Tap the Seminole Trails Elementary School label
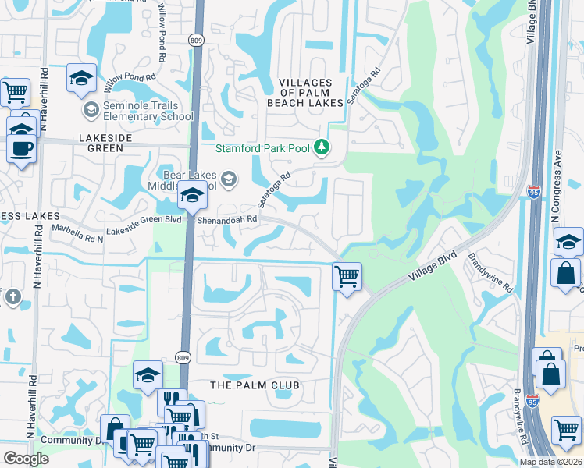pyautogui.click(x=141, y=111)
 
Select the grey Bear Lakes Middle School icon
pyautogui.click(x=228, y=180)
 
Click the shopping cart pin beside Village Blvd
pyautogui.click(x=346, y=275)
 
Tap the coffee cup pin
pyautogui.click(x=20, y=147)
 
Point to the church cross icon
pyautogui.click(x=12, y=296)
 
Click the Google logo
pyautogui.click(x=26, y=458)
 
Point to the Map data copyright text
pyautogui.click(x=550, y=462)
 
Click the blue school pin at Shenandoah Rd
pyautogui.click(x=191, y=197)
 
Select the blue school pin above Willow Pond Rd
pyautogui.click(x=81, y=77)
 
